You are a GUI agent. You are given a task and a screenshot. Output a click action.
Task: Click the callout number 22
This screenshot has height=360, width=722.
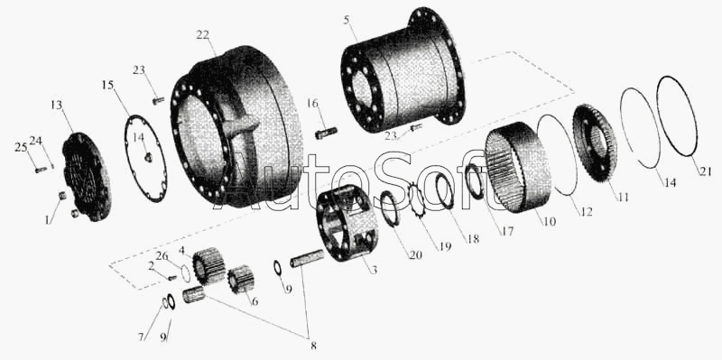(202, 34)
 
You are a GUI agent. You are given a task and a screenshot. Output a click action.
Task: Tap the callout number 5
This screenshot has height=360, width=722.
(347, 21)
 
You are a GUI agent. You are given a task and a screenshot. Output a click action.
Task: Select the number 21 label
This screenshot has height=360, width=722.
(706, 171)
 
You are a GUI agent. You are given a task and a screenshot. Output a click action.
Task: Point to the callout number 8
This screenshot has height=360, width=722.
(313, 346)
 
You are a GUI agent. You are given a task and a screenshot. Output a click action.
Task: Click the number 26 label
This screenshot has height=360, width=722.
(162, 257)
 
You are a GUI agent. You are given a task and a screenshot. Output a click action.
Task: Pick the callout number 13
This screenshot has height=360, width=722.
(56, 105)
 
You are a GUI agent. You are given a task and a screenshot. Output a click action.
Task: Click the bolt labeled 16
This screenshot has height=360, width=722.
(326, 133)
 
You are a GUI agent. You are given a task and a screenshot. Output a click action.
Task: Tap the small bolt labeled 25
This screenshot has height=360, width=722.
(41, 170)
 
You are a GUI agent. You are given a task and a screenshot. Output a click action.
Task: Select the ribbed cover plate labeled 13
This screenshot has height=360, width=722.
(86, 177)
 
